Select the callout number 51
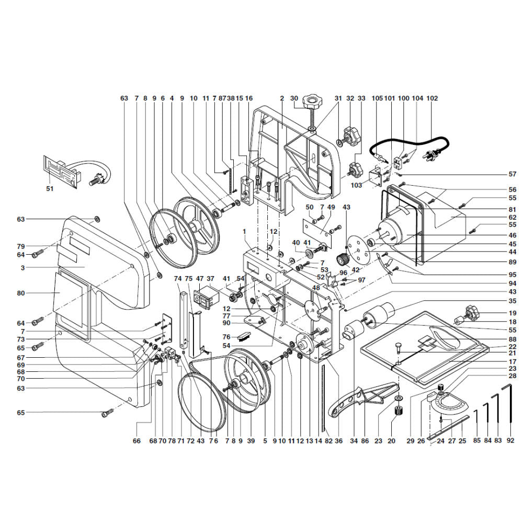tap(50, 189)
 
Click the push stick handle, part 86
tap(363, 400)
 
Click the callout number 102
tap(432, 98)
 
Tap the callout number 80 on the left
tap(21, 293)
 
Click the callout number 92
tap(510, 440)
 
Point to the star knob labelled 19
tap(471, 311)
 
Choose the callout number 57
tap(513, 174)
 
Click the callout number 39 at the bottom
tap(251, 441)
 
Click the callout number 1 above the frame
tap(244, 231)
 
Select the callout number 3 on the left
tap(22, 267)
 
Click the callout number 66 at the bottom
tap(137, 441)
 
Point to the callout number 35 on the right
tap(513, 301)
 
